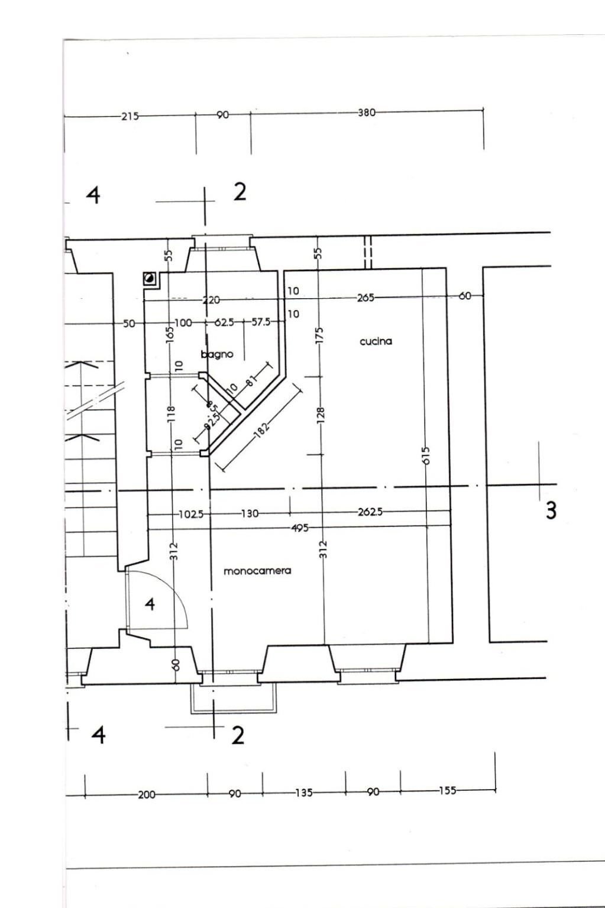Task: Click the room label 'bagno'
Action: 217,354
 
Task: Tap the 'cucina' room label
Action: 376,341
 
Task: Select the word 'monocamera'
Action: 257,571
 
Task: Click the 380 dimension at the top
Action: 366,112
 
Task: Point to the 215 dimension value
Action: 130,116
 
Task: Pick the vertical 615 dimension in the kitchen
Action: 426,455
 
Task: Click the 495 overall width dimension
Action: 300,528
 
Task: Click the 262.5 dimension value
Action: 370,512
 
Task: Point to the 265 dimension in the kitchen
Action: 365,298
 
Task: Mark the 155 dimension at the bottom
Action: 447,790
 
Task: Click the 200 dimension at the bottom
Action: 146,794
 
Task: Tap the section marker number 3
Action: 551,510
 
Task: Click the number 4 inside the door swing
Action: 150,604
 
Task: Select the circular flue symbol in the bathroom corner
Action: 150,278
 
